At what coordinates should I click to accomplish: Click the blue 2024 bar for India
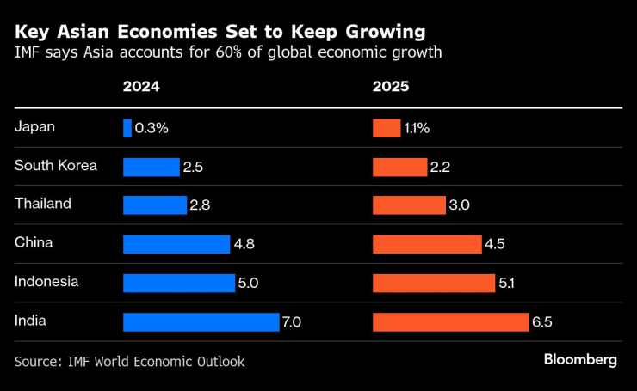coord(201,322)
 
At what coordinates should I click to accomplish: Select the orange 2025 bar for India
coord(450,322)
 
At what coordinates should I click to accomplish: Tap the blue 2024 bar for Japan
coord(127,128)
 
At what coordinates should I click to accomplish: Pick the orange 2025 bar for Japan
coord(386,128)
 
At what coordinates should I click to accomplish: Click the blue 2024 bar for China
coord(176,244)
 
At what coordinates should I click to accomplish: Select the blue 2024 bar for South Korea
coord(151,167)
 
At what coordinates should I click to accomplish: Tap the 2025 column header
coord(391,87)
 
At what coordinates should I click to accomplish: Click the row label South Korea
coord(56,166)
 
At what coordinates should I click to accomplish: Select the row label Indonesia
coord(46,282)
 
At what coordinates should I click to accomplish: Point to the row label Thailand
coord(42,205)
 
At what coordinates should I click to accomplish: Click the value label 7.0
coord(293,323)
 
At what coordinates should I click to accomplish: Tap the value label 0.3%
coord(152,129)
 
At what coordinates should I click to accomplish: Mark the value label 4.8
coord(244,245)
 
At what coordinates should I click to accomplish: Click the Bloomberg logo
coord(580,360)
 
